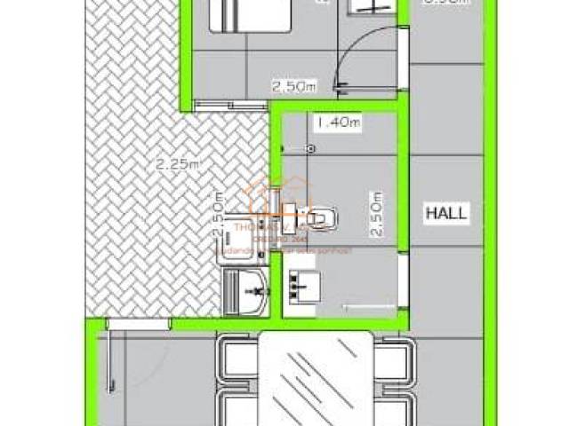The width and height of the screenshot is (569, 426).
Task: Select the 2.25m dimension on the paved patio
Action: point(177,163)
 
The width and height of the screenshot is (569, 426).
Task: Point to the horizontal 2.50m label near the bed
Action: point(293,86)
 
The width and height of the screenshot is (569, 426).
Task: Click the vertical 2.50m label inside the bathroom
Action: point(375,215)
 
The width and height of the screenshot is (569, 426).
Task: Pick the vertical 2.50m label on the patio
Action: point(218,216)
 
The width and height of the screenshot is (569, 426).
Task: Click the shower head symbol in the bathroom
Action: point(310,148)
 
